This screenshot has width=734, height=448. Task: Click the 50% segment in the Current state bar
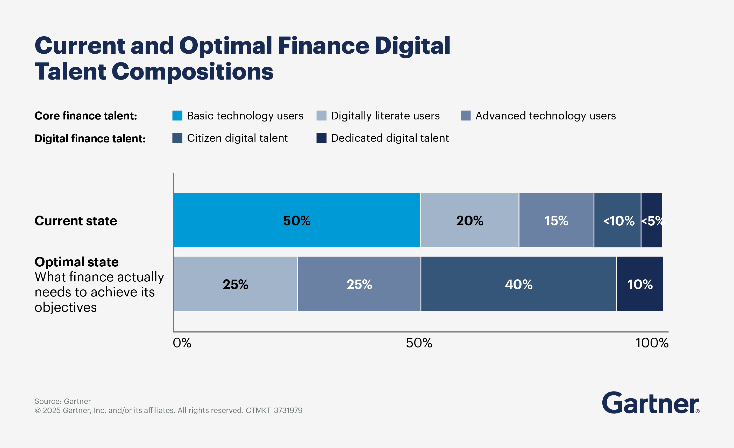(x=297, y=220)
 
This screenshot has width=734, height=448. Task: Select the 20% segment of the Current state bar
(x=469, y=220)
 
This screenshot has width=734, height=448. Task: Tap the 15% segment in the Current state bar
(x=556, y=220)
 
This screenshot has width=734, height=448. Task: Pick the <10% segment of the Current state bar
(x=617, y=221)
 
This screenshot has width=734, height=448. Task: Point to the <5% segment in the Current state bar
(x=652, y=221)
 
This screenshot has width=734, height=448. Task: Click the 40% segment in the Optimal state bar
(x=518, y=284)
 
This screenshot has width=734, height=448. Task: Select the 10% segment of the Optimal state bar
(x=640, y=284)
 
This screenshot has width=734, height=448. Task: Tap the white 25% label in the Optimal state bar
(x=359, y=284)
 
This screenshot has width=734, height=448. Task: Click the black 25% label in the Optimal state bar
(x=235, y=284)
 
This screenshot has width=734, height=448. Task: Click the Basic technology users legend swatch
(x=177, y=116)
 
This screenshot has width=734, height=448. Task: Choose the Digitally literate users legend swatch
(x=322, y=116)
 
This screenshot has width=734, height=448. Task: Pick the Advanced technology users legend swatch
(x=466, y=116)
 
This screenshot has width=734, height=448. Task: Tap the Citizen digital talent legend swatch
(x=177, y=138)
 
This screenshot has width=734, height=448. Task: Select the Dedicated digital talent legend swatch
(x=322, y=138)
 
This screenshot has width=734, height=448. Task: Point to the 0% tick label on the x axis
(x=182, y=343)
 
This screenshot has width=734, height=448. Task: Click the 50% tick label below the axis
(x=419, y=343)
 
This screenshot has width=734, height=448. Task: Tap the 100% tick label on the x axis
(x=652, y=343)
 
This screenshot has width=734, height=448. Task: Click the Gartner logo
(x=651, y=403)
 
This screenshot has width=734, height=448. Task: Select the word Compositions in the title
(x=192, y=72)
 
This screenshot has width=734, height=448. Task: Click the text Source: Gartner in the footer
(x=62, y=401)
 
